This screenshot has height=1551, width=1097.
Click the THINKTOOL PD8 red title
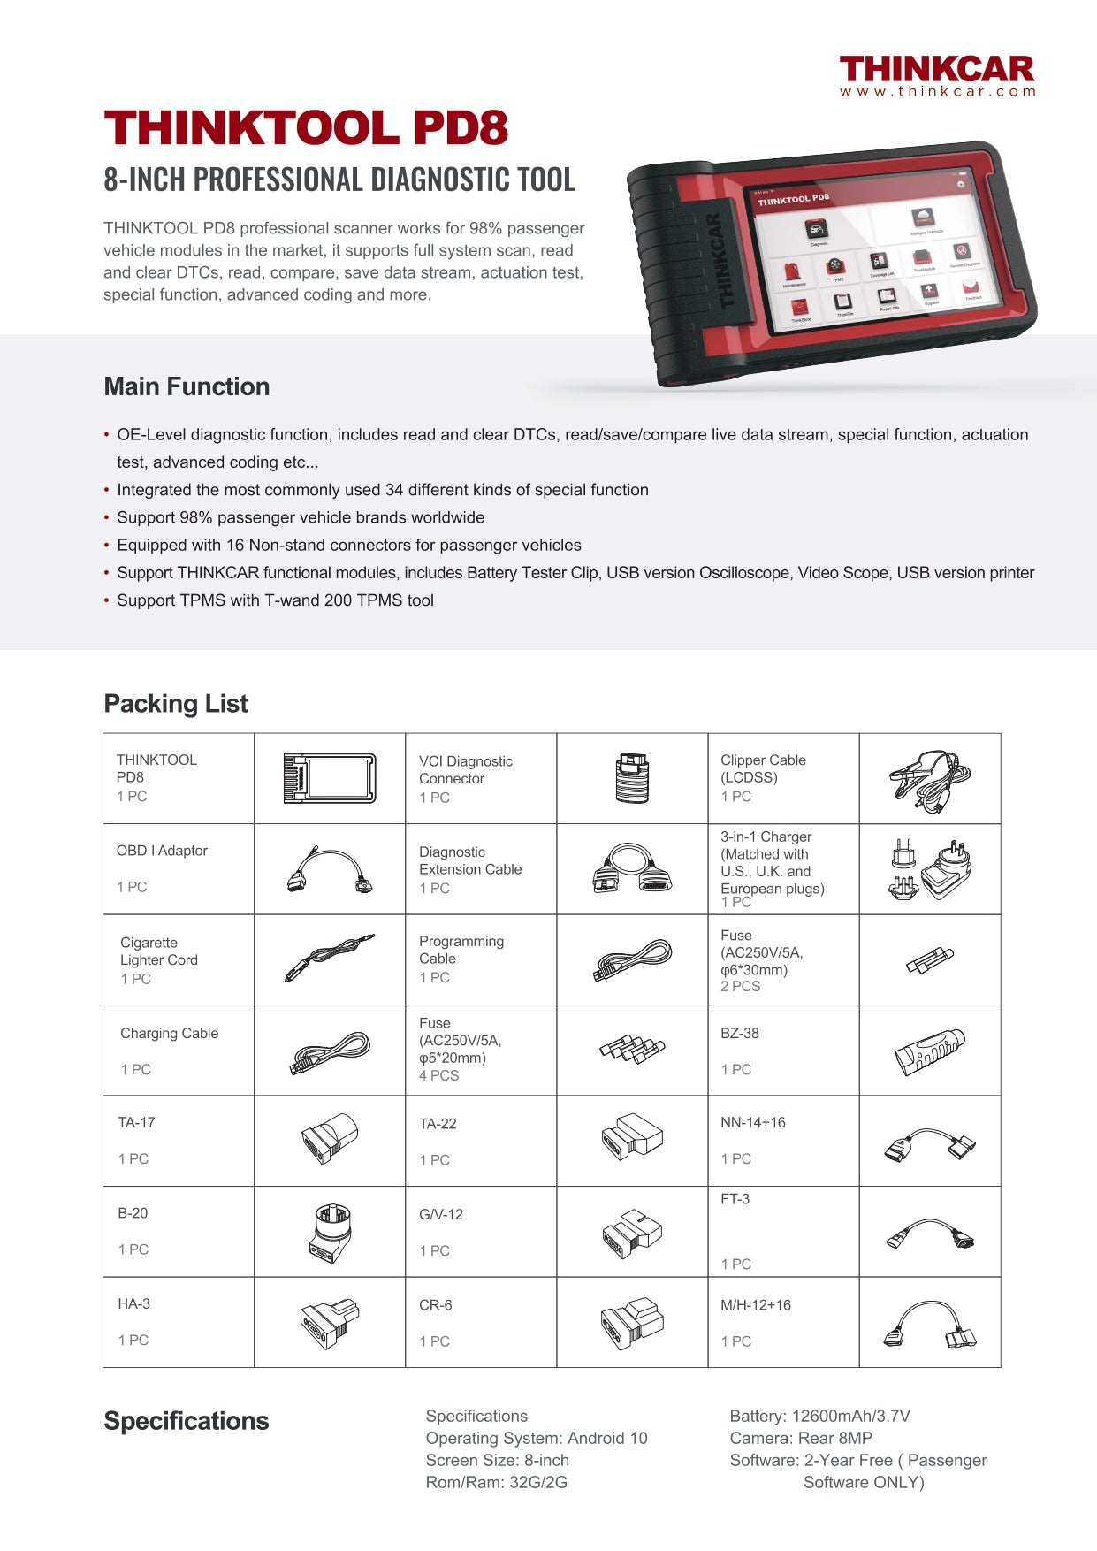coord(306,128)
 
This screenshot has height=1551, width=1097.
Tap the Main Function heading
coord(187,386)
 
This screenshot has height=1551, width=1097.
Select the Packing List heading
coord(176,704)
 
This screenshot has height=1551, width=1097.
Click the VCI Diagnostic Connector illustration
coord(631,778)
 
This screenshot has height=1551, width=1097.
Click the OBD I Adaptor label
coord(162,851)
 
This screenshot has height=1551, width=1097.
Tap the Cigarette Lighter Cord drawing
coord(329,958)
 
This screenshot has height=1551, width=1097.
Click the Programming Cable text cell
coord(461,951)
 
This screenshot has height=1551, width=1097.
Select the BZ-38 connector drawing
coord(929,1051)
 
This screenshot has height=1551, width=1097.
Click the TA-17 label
coord(137,1123)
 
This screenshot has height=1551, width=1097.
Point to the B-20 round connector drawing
coord(330,1231)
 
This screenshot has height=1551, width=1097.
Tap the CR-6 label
coord(436,1305)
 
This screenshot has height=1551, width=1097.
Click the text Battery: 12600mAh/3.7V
coord(819,1417)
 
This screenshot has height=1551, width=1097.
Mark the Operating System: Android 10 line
coord(537,1439)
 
